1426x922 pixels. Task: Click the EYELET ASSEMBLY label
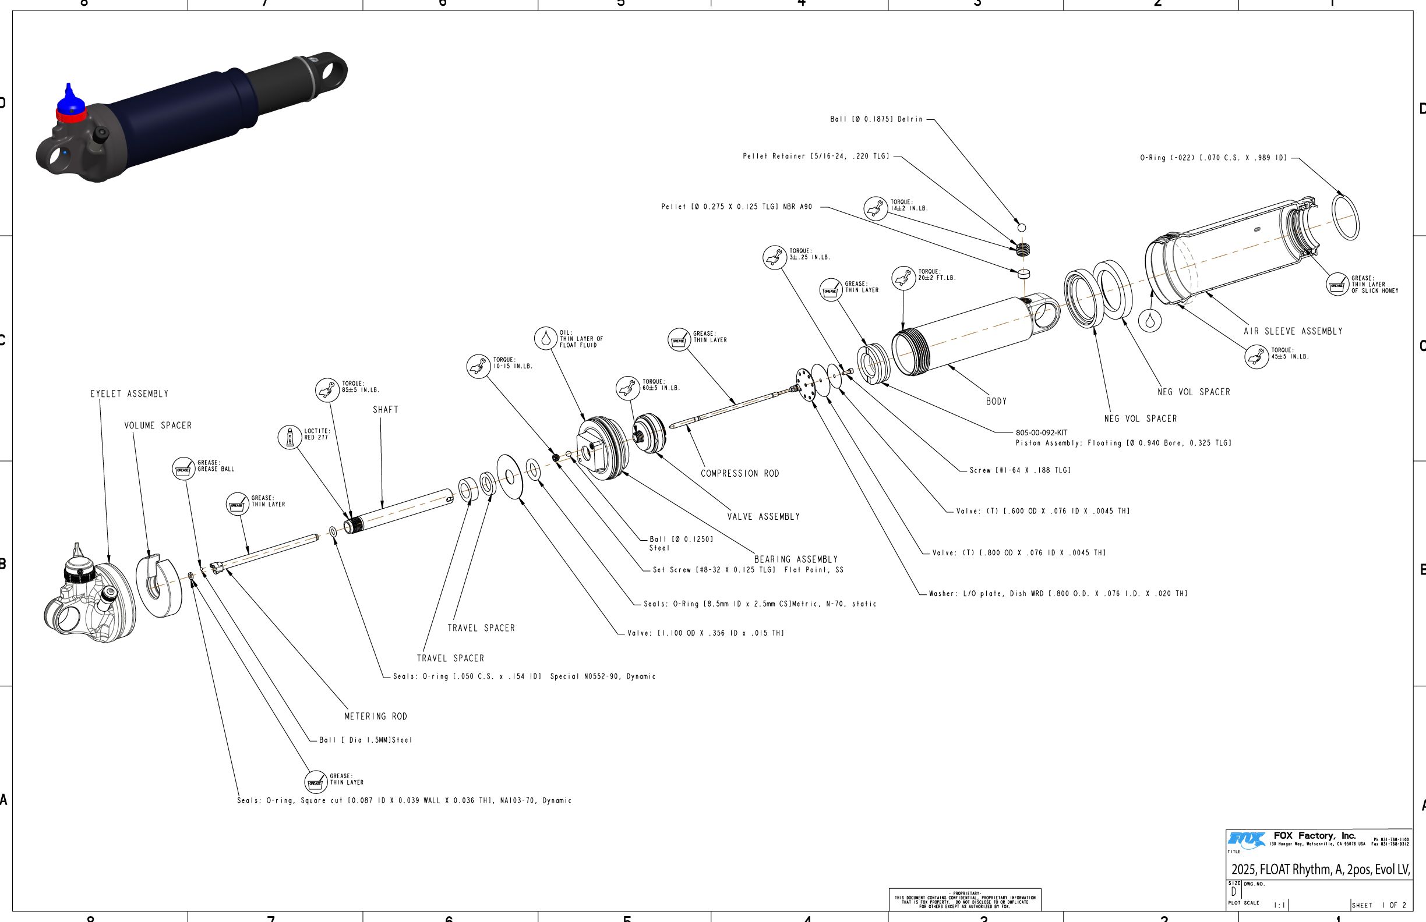click(x=129, y=394)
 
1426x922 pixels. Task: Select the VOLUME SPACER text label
click(x=158, y=425)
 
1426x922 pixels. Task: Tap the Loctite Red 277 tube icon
click(x=290, y=437)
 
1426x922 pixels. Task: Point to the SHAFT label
click(x=385, y=410)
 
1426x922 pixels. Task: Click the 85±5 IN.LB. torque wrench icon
click(x=327, y=391)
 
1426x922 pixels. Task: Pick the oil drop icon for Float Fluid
click(x=545, y=338)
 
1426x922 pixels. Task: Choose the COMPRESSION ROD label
click(x=740, y=474)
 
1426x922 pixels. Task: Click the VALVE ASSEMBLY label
click(x=763, y=517)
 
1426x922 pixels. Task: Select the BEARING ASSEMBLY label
click(x=796, y=559)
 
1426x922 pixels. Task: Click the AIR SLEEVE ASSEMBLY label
click(x=1293, y=331)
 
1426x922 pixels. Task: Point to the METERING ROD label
click(x=376, y=716)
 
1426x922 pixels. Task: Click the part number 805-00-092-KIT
click(x=1042, y=432)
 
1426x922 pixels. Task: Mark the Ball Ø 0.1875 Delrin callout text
click(x=876, y=119)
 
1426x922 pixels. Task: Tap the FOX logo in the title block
click(x=1246, y=840)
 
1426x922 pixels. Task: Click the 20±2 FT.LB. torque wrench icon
click(x=903, y=278)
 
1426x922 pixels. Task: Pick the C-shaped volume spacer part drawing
click(x=158, y=586)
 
